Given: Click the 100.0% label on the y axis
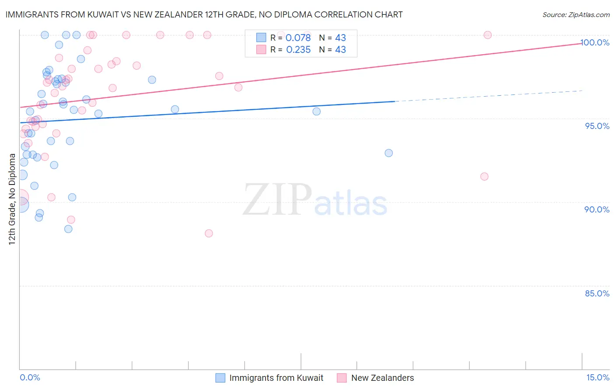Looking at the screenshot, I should [x=594, y=42].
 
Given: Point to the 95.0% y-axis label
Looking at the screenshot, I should [x=597, y=126].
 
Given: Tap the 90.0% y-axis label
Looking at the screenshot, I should [x=597, y=209].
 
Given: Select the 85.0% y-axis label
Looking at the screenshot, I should [x=597, y=293].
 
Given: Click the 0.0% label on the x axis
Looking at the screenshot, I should [x=30, y=378].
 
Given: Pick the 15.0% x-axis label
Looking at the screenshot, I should [x=598, y=378].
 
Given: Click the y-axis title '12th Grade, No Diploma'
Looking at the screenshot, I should [x=12, y=199].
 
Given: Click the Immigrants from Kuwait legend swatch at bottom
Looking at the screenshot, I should [x=220, y=378].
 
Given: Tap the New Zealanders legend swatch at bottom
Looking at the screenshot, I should [x=342, y=378].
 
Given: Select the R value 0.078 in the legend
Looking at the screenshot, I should [x=298, y=38].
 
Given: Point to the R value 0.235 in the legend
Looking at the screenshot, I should [x=298, y=50].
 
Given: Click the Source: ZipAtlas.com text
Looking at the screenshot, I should [x=576, y=15].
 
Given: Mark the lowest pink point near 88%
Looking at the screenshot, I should [x=209, y=233].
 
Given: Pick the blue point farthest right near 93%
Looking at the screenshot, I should [x=388, y=153].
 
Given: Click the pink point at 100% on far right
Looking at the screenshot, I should [x=487, y=35].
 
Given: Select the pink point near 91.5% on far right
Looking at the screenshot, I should [x=484, y=177].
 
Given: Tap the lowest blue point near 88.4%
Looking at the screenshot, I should [x=68, y=229].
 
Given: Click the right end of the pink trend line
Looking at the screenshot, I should [x=582, y=43].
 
